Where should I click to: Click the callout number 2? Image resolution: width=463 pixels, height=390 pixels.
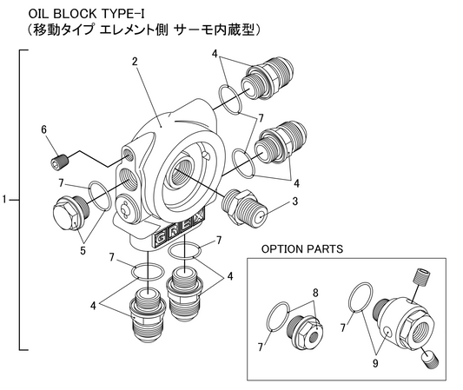(135, 62)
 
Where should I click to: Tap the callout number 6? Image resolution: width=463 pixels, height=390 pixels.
(44, 129)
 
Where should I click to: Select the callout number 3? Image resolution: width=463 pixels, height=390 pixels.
(294, 202)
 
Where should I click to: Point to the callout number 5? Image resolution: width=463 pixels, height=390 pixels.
(83, 251)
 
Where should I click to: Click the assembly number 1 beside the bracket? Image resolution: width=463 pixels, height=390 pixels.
(4, 200)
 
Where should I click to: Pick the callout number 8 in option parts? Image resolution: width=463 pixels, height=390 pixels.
(315, 294)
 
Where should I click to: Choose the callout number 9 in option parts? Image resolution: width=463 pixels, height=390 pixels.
(375, 363)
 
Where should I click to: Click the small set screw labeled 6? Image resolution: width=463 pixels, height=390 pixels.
(59, 162)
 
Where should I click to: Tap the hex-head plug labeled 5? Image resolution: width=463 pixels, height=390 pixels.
(70, 215)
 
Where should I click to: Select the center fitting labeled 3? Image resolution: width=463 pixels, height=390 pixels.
(245, 207)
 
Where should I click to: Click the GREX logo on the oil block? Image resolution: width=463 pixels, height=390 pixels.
(178, 229)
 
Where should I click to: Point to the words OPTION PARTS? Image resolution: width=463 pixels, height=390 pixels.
(302, 249)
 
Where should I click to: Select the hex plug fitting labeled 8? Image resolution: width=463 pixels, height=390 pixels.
(304, 333)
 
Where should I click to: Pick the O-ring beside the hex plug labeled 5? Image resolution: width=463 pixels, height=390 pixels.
(100, 195)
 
